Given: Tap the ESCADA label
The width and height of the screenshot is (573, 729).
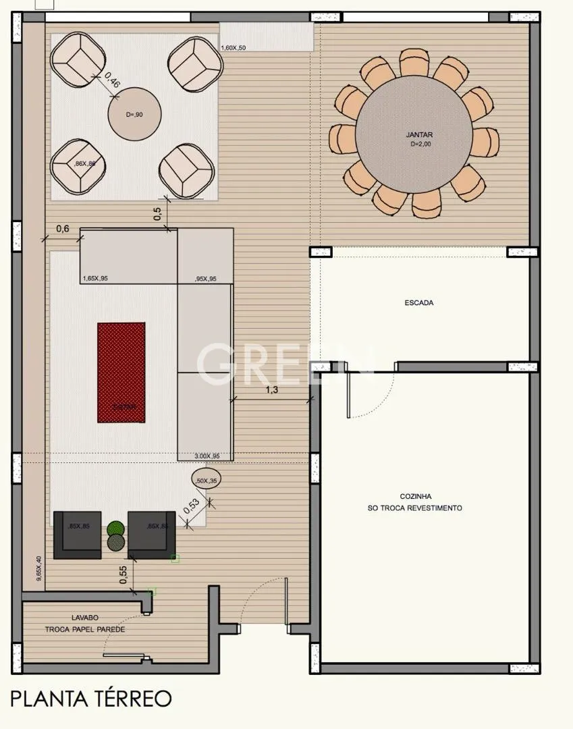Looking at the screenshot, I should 418,303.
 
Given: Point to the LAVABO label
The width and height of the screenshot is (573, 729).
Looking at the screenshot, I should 86,618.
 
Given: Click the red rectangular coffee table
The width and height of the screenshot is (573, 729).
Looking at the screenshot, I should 121,372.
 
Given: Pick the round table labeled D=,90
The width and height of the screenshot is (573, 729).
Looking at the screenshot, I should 134,114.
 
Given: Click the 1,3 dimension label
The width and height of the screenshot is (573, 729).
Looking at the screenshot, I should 271,390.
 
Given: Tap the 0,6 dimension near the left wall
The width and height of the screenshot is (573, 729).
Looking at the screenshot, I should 62,229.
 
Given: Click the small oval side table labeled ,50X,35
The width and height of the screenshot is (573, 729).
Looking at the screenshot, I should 205,480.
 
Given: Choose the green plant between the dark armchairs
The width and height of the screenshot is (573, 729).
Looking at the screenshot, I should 116,529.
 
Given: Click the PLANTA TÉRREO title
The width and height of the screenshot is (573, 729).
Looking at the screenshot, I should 91,698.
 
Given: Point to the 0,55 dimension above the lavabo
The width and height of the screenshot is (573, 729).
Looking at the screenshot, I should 124,574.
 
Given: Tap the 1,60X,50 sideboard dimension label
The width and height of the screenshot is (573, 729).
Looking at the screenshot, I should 234,47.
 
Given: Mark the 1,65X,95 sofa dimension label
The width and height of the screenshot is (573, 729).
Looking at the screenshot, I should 95,278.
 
